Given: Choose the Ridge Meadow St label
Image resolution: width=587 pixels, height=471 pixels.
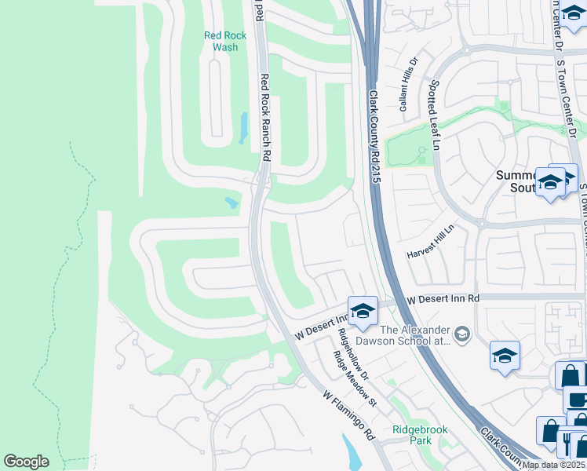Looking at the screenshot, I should (x=355, y=378).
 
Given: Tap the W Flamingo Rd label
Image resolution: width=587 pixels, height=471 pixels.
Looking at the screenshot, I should (x=349, y=416).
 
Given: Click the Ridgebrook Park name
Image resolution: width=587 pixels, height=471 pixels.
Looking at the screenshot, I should (x=412, y=435).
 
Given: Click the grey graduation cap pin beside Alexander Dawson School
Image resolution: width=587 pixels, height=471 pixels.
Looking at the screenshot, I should (x=462, y=335).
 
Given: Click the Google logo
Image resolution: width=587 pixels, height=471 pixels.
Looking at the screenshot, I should (x=26, y=462).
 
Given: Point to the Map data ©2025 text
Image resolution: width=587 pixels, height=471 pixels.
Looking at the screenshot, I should (x=554, y=465).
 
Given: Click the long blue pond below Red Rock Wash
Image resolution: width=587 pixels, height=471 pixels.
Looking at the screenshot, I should (x=243, y=128).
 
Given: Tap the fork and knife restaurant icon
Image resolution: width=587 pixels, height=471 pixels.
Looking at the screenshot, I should (x=567, y=444).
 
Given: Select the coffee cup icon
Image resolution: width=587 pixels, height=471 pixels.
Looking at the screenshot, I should (x=578, y=399).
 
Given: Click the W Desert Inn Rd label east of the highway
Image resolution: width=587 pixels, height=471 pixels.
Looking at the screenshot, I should (x=443, y=299).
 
